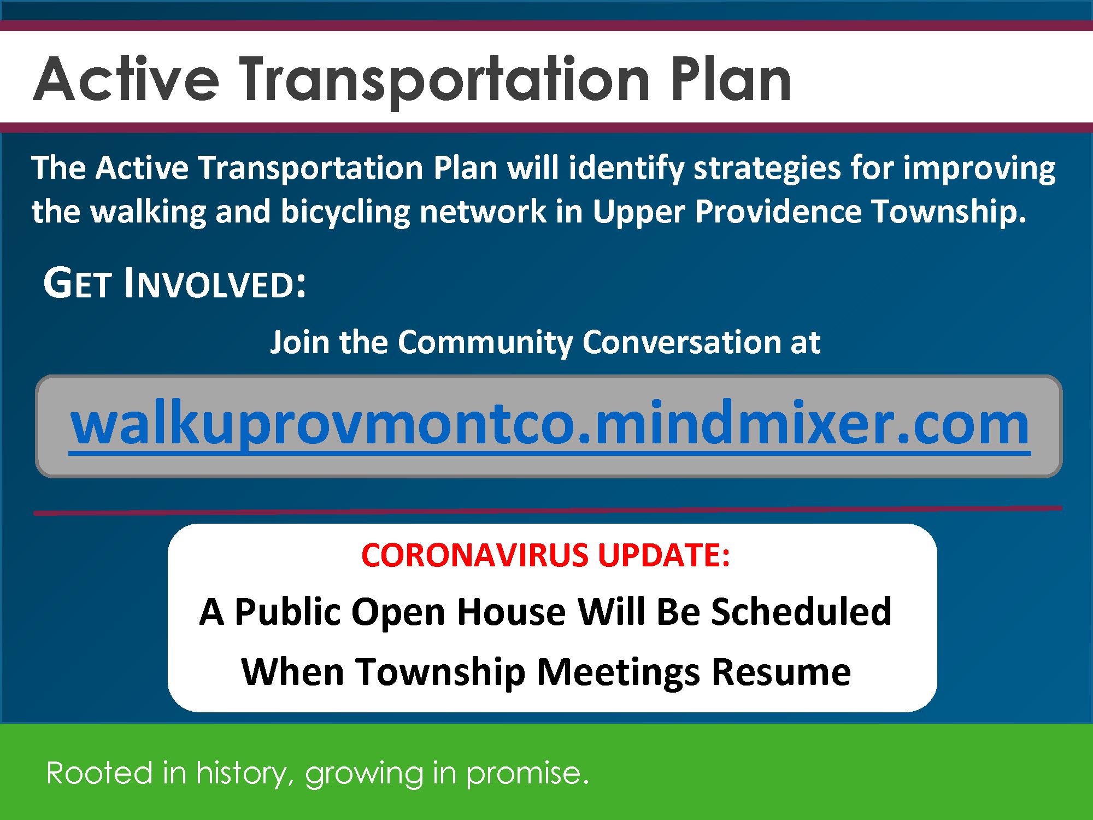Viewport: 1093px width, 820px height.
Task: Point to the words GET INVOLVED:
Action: [174, 284]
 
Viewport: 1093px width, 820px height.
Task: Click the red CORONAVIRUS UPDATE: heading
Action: [545, 555]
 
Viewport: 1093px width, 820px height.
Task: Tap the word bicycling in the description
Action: [345, 212]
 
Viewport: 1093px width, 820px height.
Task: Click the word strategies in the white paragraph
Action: [767, 168]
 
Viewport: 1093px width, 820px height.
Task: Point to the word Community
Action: [485, 342]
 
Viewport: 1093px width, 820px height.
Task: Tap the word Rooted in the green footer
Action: [99, 773]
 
